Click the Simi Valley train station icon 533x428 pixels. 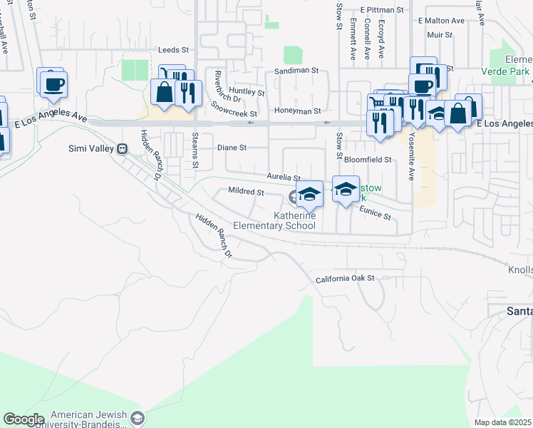click(123, 148)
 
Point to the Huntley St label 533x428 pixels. click(247, 93)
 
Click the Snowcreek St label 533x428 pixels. click(234, 109)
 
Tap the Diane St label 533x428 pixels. click(232, 148)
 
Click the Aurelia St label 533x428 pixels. click(284, 176)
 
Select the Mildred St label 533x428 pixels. click(246, 192)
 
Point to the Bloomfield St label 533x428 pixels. click(368, 160)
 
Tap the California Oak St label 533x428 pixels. click(345, 279)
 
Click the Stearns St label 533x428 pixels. click(195, 151)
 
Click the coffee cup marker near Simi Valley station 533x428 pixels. click(51, 84)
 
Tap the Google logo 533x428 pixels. click(24, 419)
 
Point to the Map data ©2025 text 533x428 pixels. click(503, 422)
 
